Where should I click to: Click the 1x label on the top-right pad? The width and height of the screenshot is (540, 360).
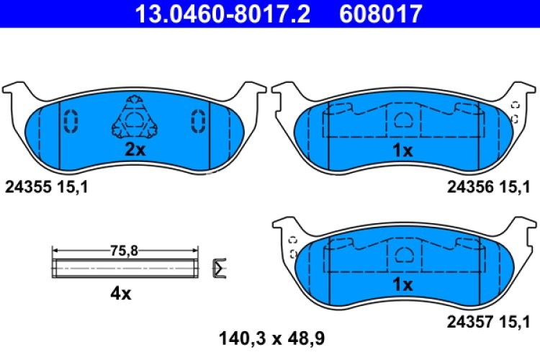[x=402, y=151]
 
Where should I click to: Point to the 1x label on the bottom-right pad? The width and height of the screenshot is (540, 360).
[x=402, y=285]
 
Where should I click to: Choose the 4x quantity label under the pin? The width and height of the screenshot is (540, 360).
[x=121, y=294]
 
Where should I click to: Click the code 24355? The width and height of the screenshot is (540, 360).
[x=25, y=188]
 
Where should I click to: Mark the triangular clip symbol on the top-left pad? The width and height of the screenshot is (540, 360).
[x=133, y=118]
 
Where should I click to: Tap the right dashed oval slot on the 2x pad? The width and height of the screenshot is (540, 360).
[x=197, y=121]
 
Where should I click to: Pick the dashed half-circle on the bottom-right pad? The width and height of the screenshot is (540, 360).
[x=403, y=253]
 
